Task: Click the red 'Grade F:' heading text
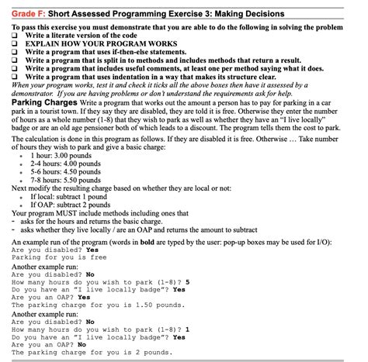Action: click(x=26, y=10)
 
